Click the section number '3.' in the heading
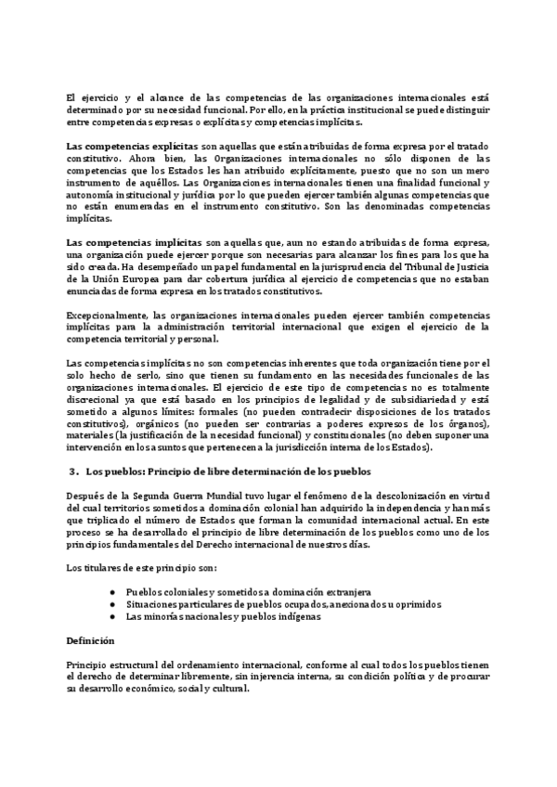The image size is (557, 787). (76, 471)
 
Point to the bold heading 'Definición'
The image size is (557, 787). (90, 640)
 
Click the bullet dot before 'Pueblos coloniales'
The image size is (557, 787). (111, 591)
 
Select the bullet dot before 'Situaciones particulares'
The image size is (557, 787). (111, 603)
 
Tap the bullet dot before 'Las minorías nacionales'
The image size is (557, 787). (111, 615)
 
